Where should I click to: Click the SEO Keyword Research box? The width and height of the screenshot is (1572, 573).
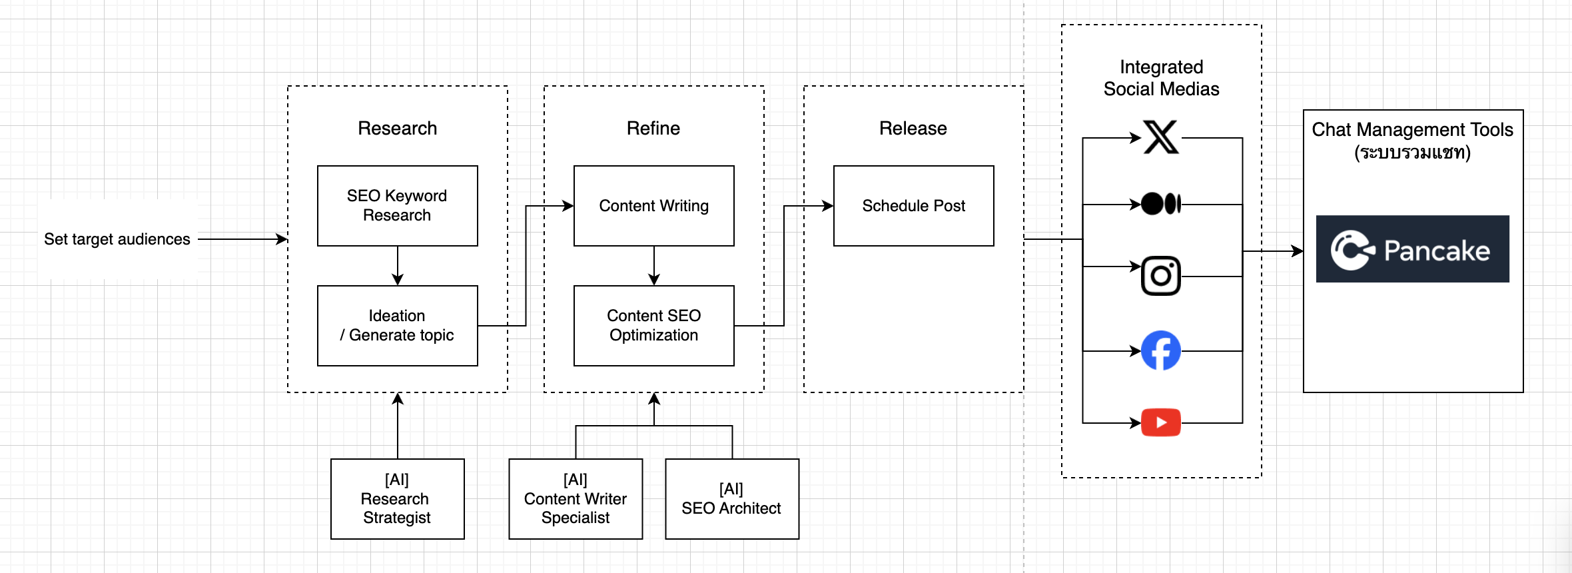397,205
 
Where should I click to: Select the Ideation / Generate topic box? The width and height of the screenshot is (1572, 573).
397,325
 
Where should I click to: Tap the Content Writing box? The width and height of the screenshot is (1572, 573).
653,205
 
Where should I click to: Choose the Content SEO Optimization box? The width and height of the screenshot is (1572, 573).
653,325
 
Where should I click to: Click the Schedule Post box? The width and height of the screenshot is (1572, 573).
913,205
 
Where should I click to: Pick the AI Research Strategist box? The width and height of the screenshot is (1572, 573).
397,498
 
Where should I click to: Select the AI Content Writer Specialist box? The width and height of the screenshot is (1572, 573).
576,498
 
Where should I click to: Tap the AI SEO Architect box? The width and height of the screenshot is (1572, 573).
731,498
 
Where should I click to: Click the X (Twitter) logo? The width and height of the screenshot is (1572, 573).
1161,137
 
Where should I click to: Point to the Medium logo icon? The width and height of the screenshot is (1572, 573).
1161,203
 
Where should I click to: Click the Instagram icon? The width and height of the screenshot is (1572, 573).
1161,275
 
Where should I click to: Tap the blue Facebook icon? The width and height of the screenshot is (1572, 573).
1161,350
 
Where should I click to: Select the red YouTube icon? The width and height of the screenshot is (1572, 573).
1161,422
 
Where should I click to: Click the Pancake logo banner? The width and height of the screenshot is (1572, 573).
1412,249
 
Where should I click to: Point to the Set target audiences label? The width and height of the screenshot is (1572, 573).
117,239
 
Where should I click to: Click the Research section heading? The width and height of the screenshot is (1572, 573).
397,128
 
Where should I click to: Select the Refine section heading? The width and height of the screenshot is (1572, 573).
653,128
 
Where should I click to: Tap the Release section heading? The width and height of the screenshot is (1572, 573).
913,128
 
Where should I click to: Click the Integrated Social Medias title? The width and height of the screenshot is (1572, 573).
1161,78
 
